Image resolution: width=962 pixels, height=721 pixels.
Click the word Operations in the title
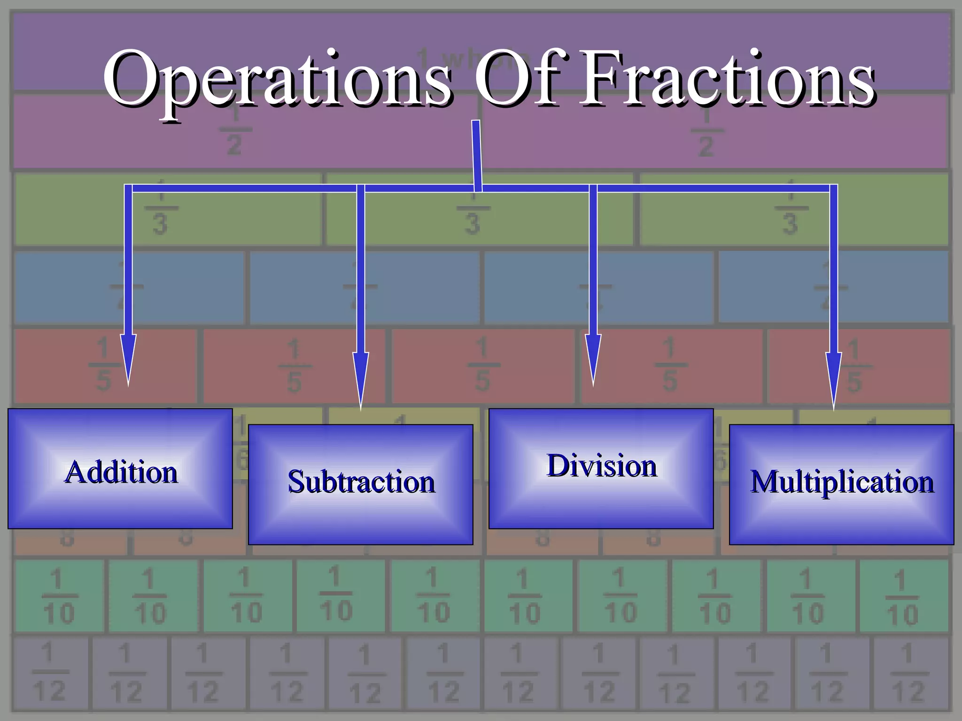[277, 80]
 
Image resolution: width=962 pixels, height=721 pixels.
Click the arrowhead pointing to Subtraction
[361, 378]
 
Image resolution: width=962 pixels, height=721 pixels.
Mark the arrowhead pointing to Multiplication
[834, 378]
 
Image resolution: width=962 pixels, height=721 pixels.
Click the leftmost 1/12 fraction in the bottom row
[49, 673]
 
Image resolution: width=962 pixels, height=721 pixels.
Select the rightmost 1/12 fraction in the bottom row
[909, 673]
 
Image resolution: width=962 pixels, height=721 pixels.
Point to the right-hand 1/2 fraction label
[706, 131]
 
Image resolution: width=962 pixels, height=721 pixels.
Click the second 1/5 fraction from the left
[295, 366]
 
